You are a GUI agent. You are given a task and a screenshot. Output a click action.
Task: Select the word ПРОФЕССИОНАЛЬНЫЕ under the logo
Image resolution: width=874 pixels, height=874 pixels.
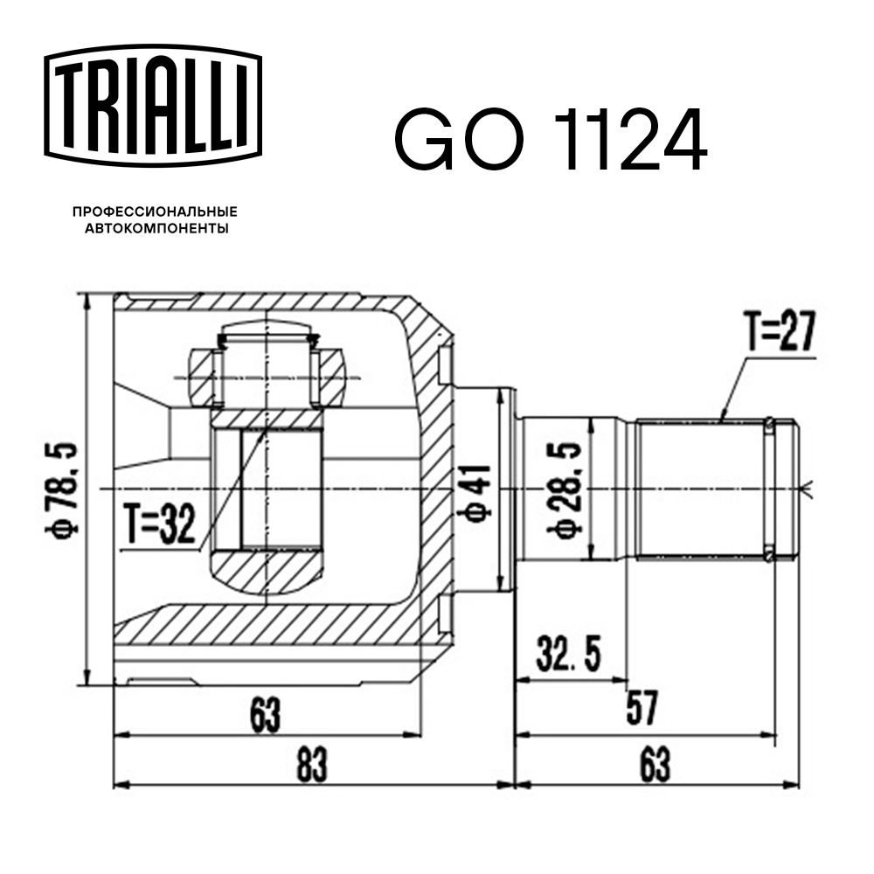[x=155, y=212]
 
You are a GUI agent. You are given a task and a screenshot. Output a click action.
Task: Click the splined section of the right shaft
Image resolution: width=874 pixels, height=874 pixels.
[x=699, y=489]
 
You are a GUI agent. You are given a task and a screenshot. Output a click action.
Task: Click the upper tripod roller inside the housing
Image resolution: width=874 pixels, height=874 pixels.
[x=267, y=376]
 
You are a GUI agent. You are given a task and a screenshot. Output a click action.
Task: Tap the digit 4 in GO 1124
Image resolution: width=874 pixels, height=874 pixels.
[x=674, y=140]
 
